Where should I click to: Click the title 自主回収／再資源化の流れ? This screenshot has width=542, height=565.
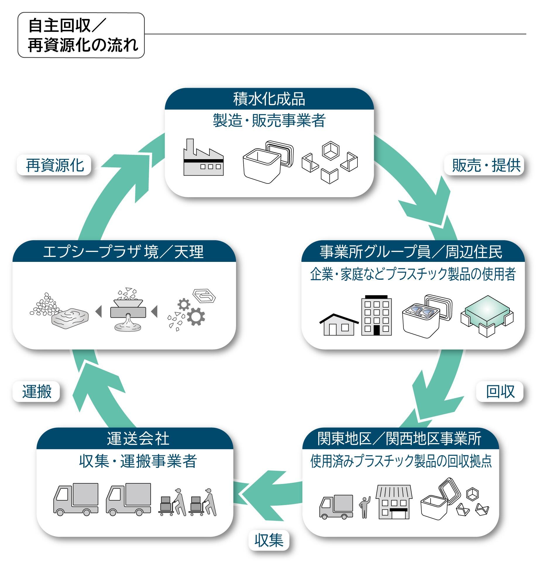(x=81, y=35)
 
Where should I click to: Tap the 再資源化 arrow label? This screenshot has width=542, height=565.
(x=55, y=165)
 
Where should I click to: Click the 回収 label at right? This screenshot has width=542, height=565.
(x=500, y=391)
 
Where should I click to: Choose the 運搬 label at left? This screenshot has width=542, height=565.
(x=37, y=391)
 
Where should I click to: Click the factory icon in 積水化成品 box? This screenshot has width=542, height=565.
(x=203, y=158)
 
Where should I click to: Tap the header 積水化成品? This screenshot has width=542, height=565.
(x=269, y=99)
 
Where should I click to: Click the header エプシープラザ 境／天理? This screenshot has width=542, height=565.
(x=123, y=252)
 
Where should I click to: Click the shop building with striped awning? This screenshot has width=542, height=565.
(x=394, y=502)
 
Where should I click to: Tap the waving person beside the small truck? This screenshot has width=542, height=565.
(x=364, y=507)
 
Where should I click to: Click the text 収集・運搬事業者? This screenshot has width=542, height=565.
(x=138, y=461)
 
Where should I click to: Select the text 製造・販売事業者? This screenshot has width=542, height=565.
(x=269, y=121)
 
